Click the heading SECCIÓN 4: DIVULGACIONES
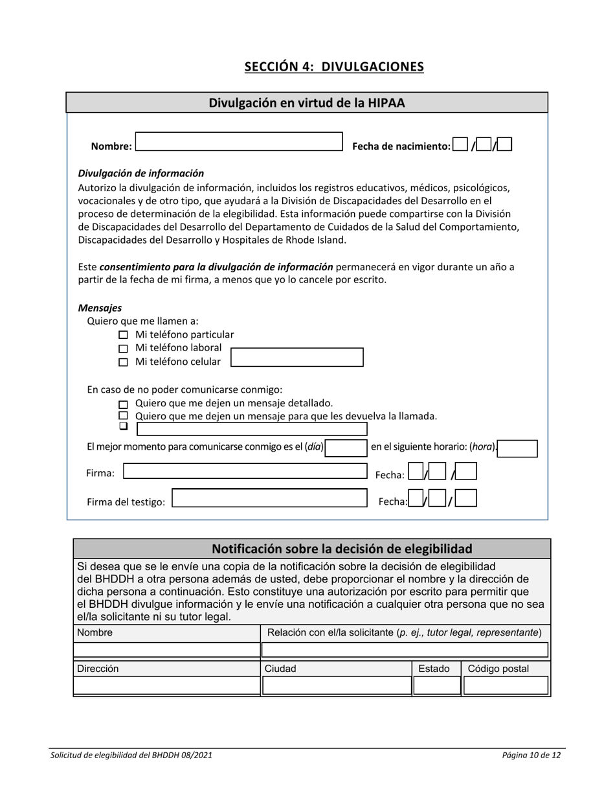[x=334, y=67]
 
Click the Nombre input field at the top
[x=238, y=142]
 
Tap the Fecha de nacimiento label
[x=401, y=146]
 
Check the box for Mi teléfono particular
[x=124, y=336]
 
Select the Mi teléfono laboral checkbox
[x=124, y=349]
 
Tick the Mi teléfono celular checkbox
[x=124, y=363]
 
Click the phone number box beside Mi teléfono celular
[x=297, y=358]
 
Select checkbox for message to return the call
[x=124, y=416]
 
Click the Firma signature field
[x=245, y=471]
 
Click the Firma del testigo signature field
[x=269, y=498]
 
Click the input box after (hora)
[x=518, y=448]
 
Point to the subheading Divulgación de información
[x=140, y=173]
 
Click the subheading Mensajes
[x=100, y=308]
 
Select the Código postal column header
[x=498, y=669]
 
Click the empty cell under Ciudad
[x=336, y=685]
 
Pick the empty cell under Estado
[x=436, y=685]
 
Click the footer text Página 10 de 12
[x=531, y=755]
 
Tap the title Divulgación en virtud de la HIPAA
[x=307, y=102]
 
